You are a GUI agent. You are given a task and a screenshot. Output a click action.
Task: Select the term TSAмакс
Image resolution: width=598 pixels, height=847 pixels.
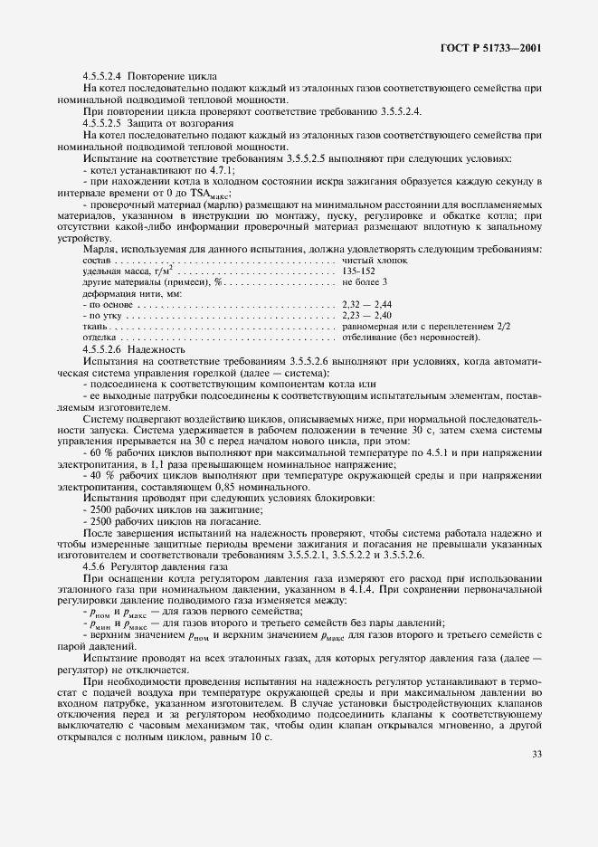click(x=207, y=194)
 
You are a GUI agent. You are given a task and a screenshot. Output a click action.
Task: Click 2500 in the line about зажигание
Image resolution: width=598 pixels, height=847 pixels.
click(x=99, y=509)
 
